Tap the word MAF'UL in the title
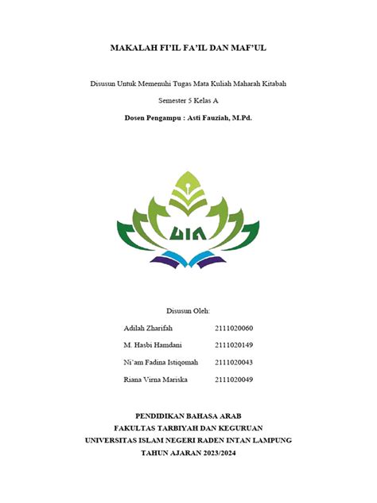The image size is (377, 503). click(x=248, y=49)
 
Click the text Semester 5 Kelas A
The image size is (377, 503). click(x=188, y=101)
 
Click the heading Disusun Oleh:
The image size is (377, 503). click(x=188, y=310)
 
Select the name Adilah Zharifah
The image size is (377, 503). click(x=149, y=328)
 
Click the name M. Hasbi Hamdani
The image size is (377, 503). click(x=153, y=345)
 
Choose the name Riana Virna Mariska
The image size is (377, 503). click(x=155, y=380)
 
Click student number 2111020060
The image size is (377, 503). click(x=234, y=328)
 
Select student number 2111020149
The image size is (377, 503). click(x=234, y=345)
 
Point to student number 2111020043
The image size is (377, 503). click(x=234, y=362)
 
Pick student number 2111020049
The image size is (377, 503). click(x=234, y=380)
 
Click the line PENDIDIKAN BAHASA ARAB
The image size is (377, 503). click(x=188, y=415)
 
